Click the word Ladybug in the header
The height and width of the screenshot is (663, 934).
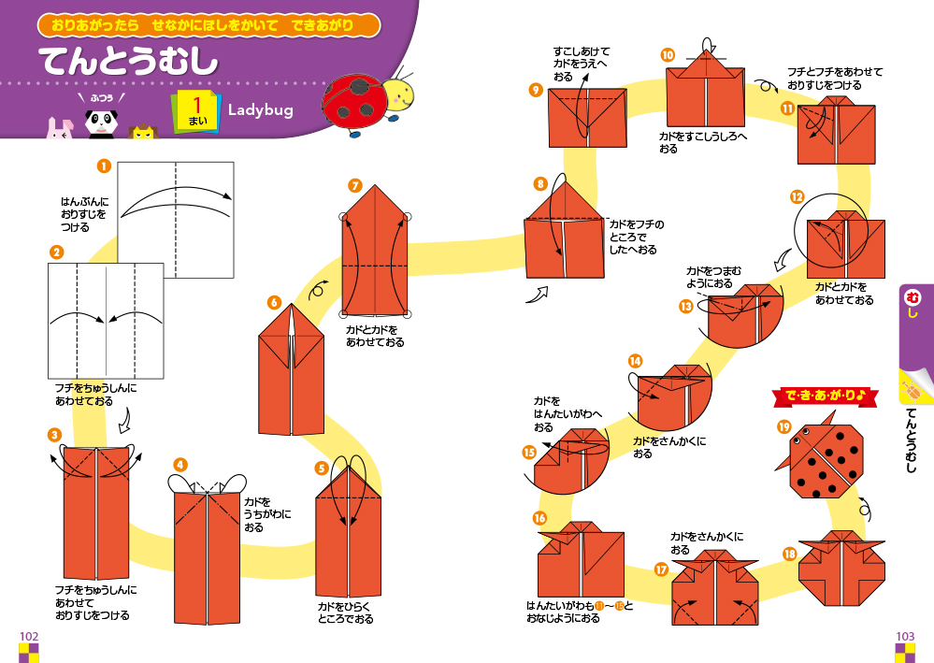(x=260, y=109)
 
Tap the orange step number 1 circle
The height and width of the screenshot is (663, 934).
(x=104, y=166)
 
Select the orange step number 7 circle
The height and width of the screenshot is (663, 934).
(x=355, y=185)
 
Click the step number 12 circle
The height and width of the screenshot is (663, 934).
(x=797, y=196)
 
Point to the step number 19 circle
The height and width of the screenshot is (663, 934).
(x=783, y=426)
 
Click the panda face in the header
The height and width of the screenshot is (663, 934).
(x=100, y=123)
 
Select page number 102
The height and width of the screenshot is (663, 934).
(x=29, y=637)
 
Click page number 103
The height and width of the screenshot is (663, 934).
(x=905, y=637)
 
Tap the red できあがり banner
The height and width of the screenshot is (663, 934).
(x=825, y=396)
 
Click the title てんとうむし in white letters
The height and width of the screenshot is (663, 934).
(x=129, y=62)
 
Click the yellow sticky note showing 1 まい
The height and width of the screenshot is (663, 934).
(x=196, y=111)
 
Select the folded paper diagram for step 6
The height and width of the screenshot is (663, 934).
(x=292, y=369)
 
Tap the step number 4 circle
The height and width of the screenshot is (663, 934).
(x=180, y=465)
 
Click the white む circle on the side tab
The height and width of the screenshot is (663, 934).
(x=912, y=296)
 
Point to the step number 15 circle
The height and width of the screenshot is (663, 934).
(x=529, y=452)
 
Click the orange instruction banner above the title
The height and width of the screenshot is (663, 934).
(x=208, y=25)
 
